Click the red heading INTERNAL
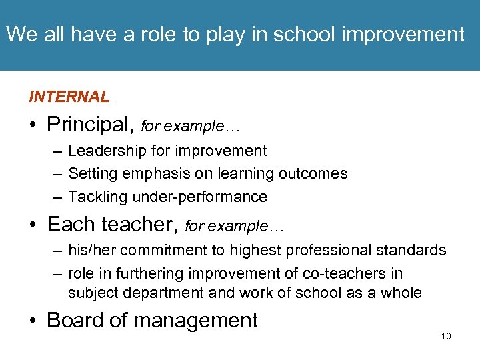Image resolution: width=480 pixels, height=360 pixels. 69,97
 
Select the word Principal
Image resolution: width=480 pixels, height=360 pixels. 90,125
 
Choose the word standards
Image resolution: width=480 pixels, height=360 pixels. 413,250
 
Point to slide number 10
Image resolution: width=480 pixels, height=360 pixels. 445,336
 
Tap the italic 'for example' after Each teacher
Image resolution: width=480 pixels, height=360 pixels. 234,227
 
